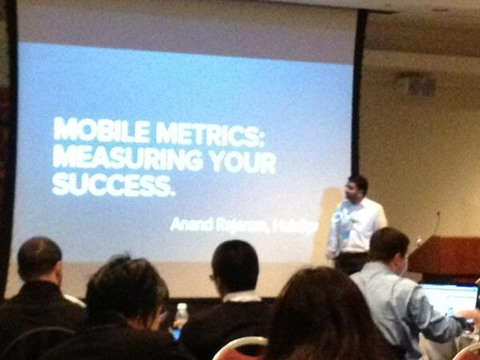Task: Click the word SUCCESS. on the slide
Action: [113, 186]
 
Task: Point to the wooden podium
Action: [445, 256]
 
